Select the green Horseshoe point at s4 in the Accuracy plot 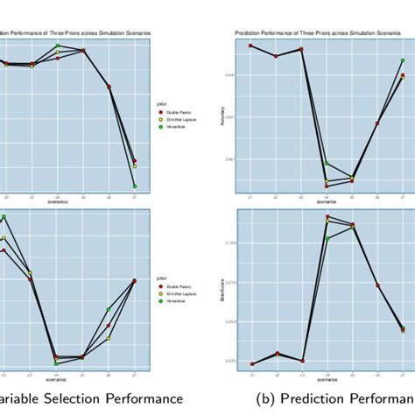point(327,163)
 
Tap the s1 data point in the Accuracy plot point(250,46)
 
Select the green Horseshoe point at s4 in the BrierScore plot point(327,238)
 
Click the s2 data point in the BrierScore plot point(276,354)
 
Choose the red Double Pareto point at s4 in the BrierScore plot point(327,216)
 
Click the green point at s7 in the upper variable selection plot point(135,186)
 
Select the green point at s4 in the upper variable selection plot point(58,46)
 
